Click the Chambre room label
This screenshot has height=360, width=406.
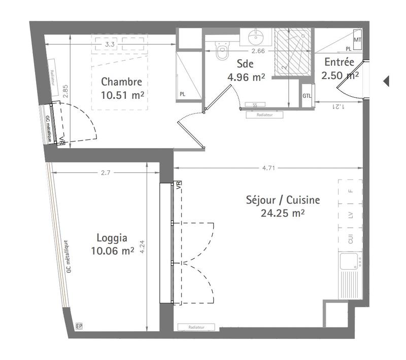121,81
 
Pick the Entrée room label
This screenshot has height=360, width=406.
339,63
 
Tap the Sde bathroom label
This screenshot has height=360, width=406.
245,64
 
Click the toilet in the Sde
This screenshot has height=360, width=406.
222,51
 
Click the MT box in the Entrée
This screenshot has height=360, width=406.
357,39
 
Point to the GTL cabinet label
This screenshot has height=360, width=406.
307,96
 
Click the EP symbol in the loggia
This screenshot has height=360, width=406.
79,326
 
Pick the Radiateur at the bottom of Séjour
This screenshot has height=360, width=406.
196,327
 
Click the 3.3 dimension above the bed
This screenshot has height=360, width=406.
109,45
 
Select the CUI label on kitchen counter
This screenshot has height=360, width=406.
350,239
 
